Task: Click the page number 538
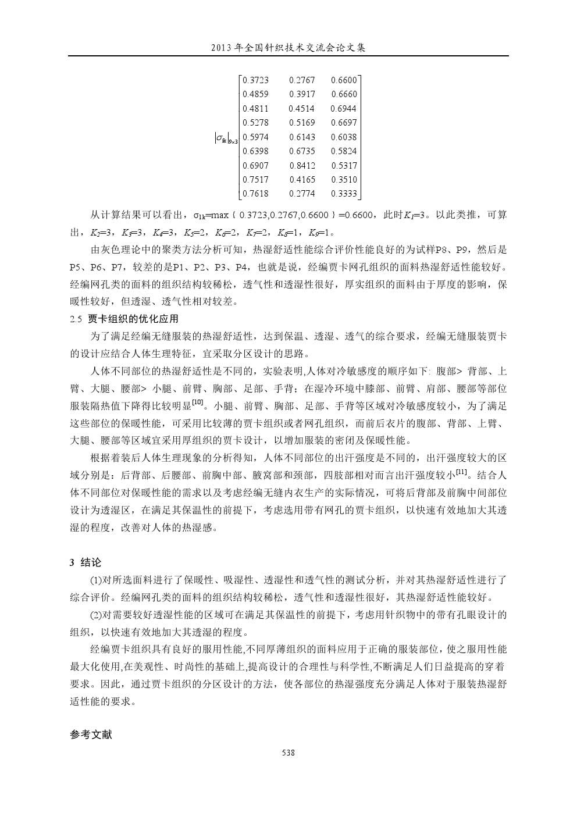[288, 753]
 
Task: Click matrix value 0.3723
[255, 80]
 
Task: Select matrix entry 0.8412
[302, 166]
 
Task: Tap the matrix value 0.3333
[344, 194]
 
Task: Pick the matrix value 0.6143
[302, 137]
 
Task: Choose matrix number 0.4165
[302, 180]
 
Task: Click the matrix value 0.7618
[255, 194]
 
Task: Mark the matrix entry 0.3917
[302, 94]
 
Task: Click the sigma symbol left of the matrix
[220, 138]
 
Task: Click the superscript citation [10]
[197, 402]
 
